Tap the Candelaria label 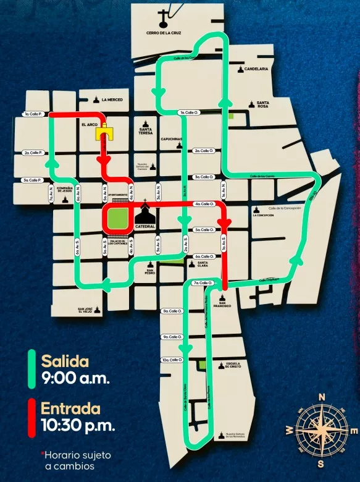pos(256,69)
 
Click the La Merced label pos(112,99)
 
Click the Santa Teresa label pos(145,131)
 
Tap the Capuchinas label pos(171,140)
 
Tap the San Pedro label pos(150,271)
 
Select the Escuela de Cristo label pos(233,365)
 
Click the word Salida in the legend pos(65,361)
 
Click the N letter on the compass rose pos(321,397)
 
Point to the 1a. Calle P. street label pos(32,114)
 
